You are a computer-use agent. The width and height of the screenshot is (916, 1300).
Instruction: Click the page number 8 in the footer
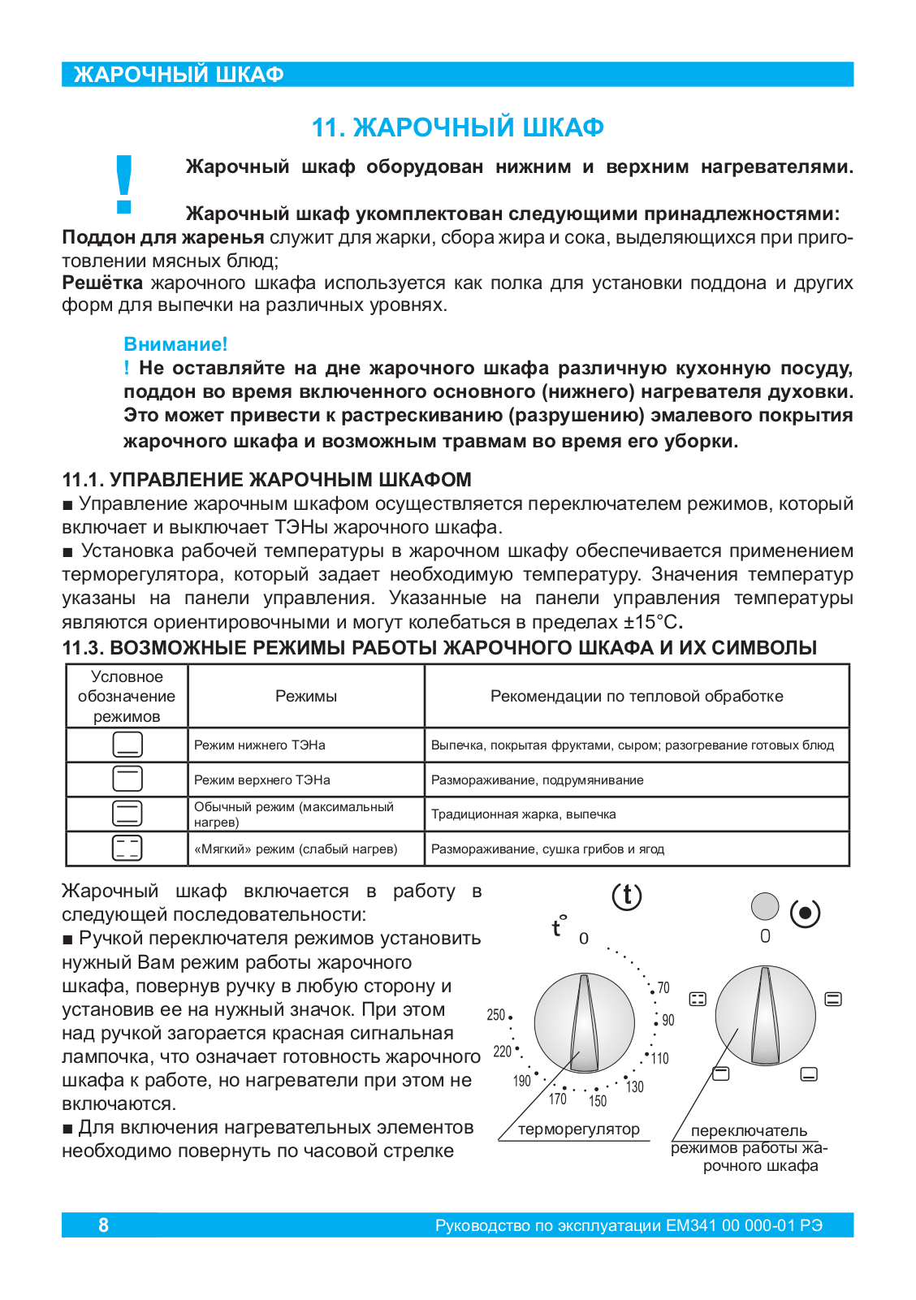pyautogui.click(x=103, y=1225)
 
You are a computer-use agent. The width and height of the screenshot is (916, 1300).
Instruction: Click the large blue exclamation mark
pyautogui.click(x=124, y=184)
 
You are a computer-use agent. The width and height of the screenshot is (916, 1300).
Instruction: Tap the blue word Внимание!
pyautogui.click(x=175, y=344)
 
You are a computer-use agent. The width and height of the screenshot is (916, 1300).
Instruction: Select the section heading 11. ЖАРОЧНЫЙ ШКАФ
pyautogui.click(x=458, y=127)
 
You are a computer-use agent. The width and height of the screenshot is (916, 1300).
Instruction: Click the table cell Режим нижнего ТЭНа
pyautogui.click(x=260, y=745)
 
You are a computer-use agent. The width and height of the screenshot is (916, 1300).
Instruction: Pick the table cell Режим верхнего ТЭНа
pyautogui.click(x=262, y=780)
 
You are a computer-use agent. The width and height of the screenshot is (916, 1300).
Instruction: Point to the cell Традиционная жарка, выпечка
pyautogui.click(x=524, y=814)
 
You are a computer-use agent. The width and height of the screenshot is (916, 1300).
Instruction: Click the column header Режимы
pyautogui.click(x=306, y=696)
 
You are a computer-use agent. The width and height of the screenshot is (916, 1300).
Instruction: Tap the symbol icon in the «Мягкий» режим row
pyautogui.click(x=127, y=849)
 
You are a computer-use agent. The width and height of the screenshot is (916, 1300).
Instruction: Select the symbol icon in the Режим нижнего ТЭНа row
pyautogui.click(x=127, y=745)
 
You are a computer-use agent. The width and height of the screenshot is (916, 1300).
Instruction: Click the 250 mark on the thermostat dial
pyautogui.click(x=496, y=1015)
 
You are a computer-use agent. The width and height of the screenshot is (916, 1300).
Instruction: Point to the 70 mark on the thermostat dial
pyautogui.click(x=663, y=988)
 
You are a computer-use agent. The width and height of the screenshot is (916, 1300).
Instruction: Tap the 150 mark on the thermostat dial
pyautogui.click(x=598, y=1101)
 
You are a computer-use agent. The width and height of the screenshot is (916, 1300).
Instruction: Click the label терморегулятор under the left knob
pyautogui.click(x=579, y=1129)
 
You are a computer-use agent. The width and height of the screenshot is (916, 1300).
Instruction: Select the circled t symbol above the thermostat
pyautogui.click(x=626, y=896)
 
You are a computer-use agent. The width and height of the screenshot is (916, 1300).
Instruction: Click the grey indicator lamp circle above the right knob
pyautogui.click(x=765, y=906)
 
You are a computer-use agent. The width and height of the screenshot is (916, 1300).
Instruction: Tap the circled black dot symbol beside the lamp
pyautogui.click(x=805, y=913)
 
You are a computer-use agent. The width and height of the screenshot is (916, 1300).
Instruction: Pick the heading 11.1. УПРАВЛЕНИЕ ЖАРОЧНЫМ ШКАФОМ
pyautogui.click(x=267, y=480)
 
